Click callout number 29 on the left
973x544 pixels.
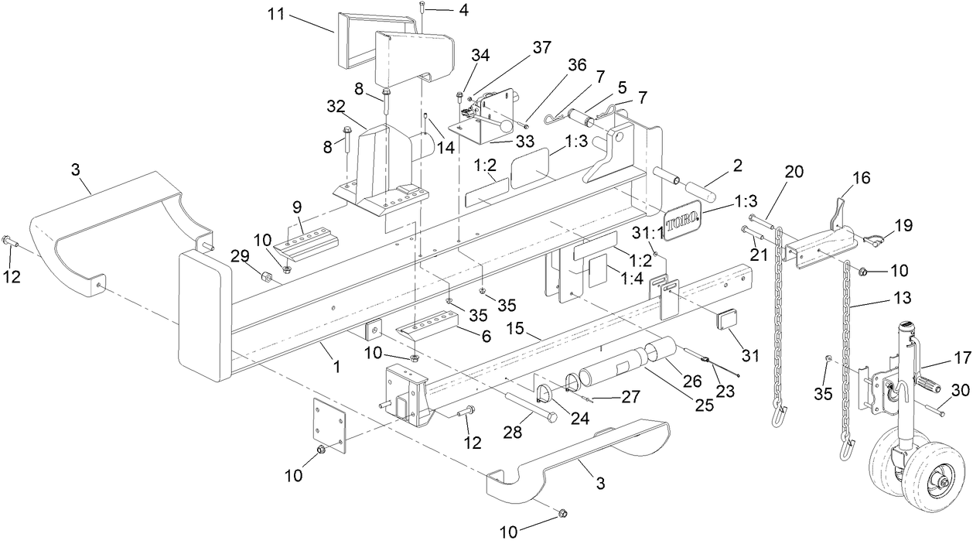[x=241, y=255]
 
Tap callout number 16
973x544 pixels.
[x=861, y=178]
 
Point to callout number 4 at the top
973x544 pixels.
[x=463, y=11]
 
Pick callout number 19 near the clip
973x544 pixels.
[x=903, y=226]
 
